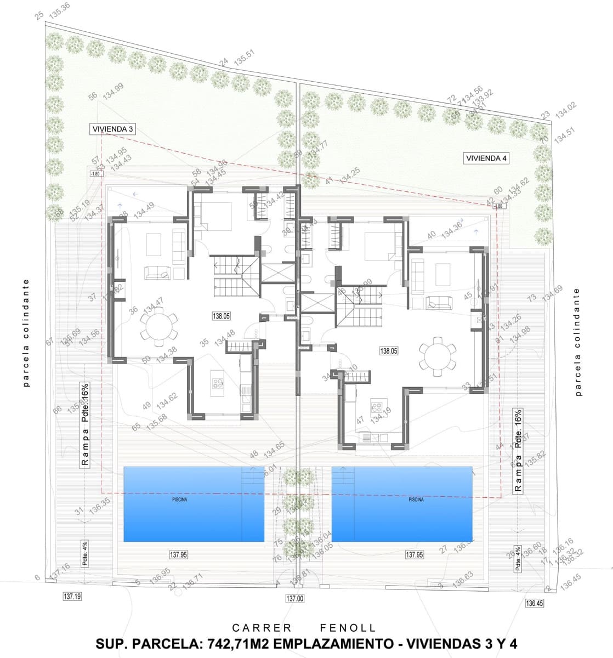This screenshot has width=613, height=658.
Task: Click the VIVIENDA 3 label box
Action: pos(113,129)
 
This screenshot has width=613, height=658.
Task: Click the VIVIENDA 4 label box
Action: pos(487,158)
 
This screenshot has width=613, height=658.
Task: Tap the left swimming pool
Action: pos(194,503)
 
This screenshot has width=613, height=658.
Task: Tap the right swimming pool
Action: pos(402,503)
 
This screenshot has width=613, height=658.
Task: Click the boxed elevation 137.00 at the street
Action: pos(294,599)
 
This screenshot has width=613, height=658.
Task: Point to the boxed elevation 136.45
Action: pos(535,603)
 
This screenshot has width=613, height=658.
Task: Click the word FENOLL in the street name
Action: pos(348,628)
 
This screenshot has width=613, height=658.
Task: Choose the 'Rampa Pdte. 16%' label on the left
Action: pos(85,424)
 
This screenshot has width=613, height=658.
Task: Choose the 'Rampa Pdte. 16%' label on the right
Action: pos(517,451)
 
